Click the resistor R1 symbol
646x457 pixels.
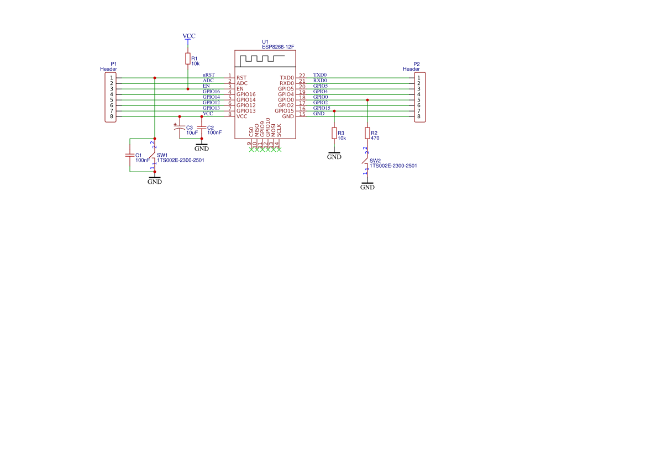188,59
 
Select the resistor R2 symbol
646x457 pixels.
367,133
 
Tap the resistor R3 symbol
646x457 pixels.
334,133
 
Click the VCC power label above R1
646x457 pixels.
188,36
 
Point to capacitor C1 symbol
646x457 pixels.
130,156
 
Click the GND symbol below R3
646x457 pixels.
334,155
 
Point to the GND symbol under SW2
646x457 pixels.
367,186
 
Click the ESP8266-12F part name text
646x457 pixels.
278,47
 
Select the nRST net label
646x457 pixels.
208,75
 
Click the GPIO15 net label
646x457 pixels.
322,108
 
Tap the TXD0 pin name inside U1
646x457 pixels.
287,78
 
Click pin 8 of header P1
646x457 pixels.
111,116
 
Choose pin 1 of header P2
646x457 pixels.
419,78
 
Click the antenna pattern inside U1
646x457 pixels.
264,58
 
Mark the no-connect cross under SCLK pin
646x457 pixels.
279,150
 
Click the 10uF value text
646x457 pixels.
192,133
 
